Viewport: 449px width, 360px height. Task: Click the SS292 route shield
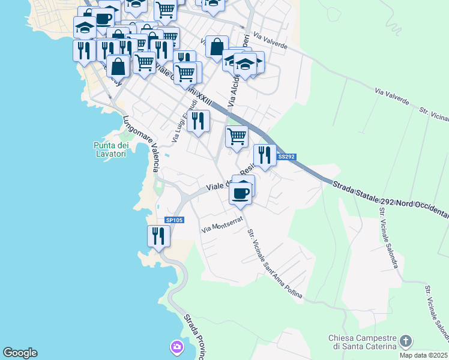(286, 157)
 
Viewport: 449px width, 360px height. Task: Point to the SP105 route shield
(174, 220)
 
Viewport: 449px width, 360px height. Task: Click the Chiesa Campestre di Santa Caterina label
(363, 342)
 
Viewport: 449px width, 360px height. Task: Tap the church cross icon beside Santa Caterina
(406, 341)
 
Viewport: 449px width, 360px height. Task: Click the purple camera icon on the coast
(176, 347)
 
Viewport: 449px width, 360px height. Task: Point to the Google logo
(20, 353)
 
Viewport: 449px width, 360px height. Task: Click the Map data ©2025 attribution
(423, 355)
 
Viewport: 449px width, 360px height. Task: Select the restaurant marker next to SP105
(158, 235)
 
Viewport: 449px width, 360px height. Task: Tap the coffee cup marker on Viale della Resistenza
(240, 193)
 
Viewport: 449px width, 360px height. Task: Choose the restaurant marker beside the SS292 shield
(265, 155)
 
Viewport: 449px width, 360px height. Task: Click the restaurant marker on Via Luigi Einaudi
(197, 121)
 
